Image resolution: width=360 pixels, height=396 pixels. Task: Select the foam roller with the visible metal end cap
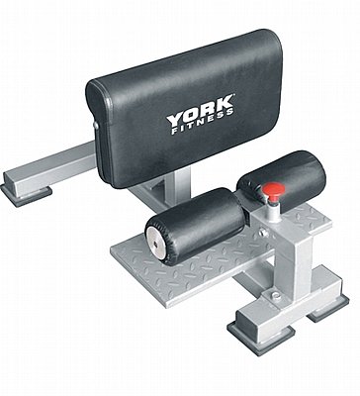[x=196, y=226]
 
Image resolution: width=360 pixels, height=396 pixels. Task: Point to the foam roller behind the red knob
[x=281, y=180]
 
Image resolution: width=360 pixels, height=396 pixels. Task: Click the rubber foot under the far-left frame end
[x=26, y=194]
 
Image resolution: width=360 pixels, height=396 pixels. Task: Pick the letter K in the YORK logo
[x=225, y=105]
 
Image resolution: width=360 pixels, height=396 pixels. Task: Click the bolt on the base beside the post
[x=276, y=296]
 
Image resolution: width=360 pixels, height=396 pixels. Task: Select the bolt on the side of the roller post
[x=263, y=232]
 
